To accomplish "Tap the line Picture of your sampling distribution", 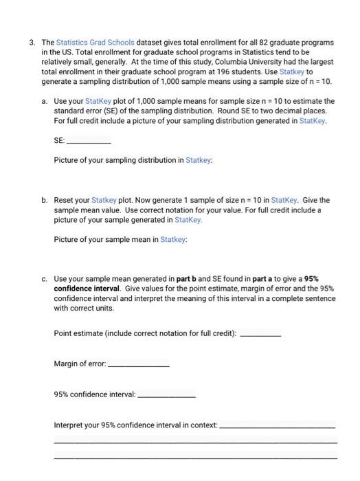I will click(x=133, y=160).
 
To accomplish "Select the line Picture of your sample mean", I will click(x=120, y=240).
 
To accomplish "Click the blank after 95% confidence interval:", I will click(x=167, y=395).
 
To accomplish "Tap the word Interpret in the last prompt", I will click(x=69, y=425).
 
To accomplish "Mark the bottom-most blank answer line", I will click(x=195, y=458).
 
